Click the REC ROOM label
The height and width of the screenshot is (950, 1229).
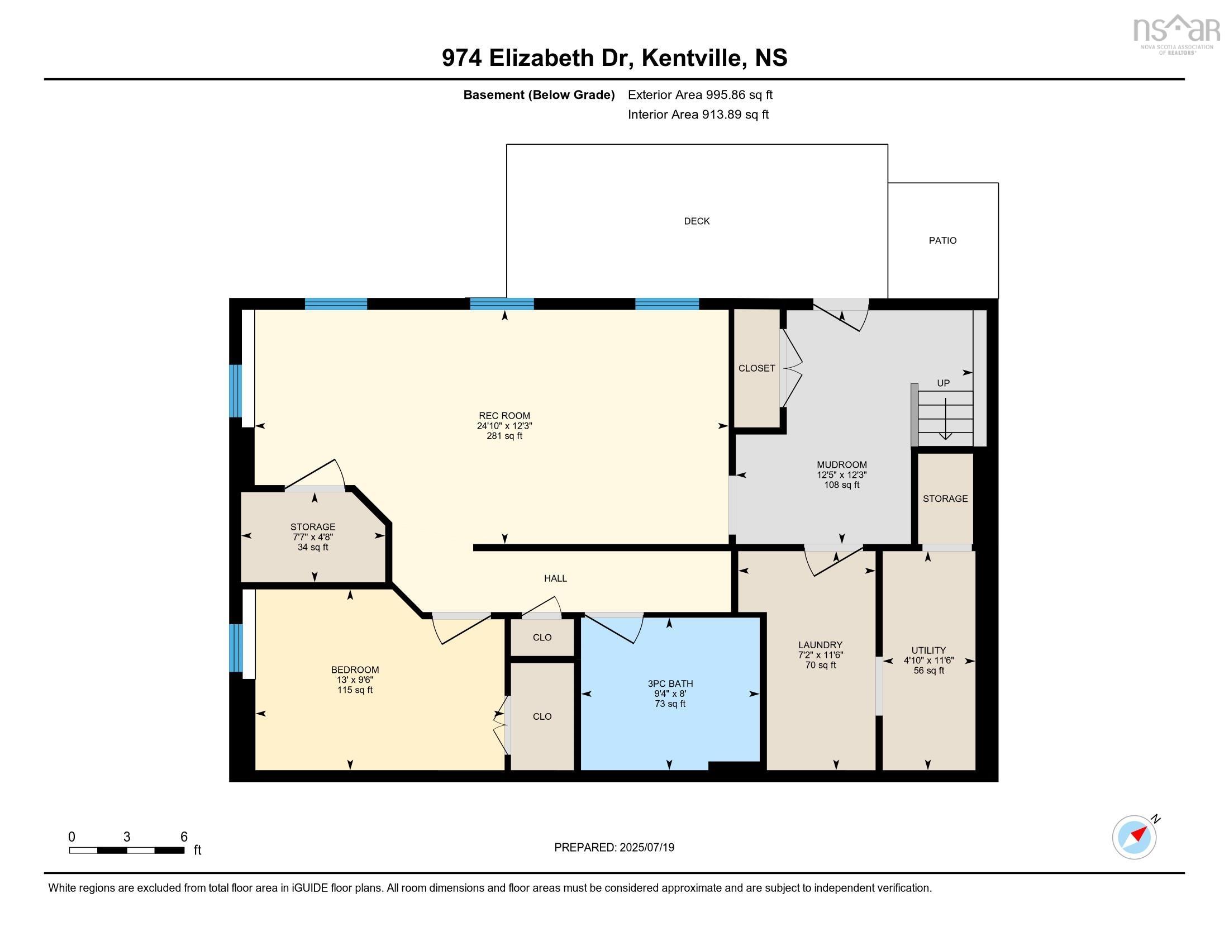504,415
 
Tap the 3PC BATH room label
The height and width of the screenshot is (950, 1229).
670,683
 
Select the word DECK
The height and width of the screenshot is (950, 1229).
696,221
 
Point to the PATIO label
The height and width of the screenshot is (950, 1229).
942,240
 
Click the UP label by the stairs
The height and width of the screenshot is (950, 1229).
943,383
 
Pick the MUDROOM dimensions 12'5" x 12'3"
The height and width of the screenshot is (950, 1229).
841,475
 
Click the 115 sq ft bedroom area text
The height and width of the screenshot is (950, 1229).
355,690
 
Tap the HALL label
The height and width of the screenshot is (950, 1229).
555,578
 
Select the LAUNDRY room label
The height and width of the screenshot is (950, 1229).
820,645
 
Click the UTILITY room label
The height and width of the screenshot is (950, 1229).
928,650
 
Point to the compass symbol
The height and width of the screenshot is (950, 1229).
1134,838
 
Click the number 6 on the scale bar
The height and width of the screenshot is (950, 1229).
183,837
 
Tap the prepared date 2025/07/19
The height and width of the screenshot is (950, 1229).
646,848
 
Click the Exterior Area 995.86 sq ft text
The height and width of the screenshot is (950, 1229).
700,94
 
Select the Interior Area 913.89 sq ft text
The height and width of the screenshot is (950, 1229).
698,115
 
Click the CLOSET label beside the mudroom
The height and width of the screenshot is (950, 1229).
756,368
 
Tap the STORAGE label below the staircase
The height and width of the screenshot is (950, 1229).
945,498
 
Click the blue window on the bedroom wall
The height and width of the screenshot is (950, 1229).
235,647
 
